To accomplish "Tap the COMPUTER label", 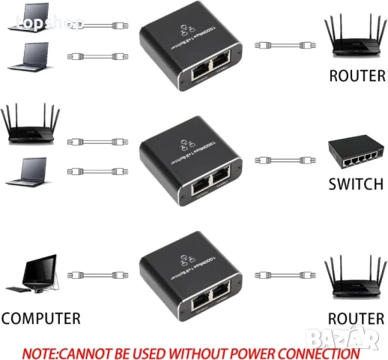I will click(x=40, y=319).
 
